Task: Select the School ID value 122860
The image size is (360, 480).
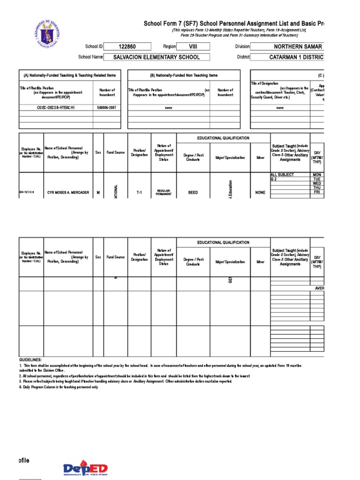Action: pyautogui.click(x=127, y=46)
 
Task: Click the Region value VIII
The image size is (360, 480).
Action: pyautogui.click(x=193, y=46)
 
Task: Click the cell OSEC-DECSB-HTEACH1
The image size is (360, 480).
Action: pyautogui.click(x=56, y=107)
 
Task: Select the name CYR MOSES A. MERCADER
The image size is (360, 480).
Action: pyautogui.click(x=68, y=193)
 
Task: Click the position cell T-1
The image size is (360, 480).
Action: pyautogui.click(x=139, y=193)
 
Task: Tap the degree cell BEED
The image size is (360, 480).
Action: pyautogui.click(x=193, y=193)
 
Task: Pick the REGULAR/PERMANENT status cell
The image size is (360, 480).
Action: pyautogui.click(x=164, y=193)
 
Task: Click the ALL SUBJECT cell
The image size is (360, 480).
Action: pyautogui.click(x=283, y=175)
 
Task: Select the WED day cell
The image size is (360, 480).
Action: pyautogui.click(x=317, y=183)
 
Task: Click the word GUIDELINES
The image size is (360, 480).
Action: pyautogui.click(x=30, y=360)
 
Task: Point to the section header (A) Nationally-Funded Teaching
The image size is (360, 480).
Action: pyautogui.click(x=69, y=75)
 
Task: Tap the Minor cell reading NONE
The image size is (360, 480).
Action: pyautogui.click(x=260, y=193)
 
